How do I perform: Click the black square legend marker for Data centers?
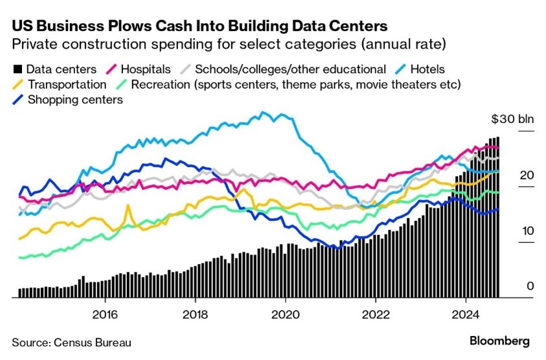coord(17,69)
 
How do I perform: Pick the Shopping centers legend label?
coord(75,100)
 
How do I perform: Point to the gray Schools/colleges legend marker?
coord(184,69)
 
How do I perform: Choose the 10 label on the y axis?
coord(528,231)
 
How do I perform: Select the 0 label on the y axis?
coord(530,287)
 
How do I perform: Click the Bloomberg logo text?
coord(499,341)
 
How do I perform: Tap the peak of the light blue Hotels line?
coord(263,113)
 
